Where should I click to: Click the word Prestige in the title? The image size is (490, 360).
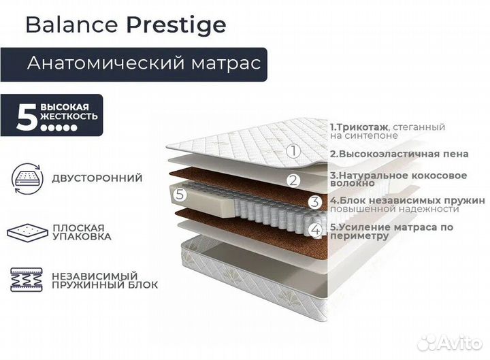point(176,24)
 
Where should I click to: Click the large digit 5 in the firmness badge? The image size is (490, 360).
point(26,117)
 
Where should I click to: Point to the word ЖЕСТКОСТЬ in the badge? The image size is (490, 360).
point(69,116)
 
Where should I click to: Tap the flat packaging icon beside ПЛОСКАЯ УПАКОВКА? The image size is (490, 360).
point(27,231)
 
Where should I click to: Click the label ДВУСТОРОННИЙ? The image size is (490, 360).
point(97,178)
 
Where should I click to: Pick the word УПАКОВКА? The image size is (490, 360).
point(82,237)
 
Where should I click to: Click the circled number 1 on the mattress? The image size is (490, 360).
point(293,151)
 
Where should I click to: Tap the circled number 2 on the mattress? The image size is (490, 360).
point(293,180)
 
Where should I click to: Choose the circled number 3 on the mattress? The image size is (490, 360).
point(314,201)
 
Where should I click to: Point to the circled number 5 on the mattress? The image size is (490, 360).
point(180,193)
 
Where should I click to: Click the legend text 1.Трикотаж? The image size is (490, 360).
point(359,127)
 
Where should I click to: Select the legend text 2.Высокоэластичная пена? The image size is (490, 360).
point(399,154)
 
